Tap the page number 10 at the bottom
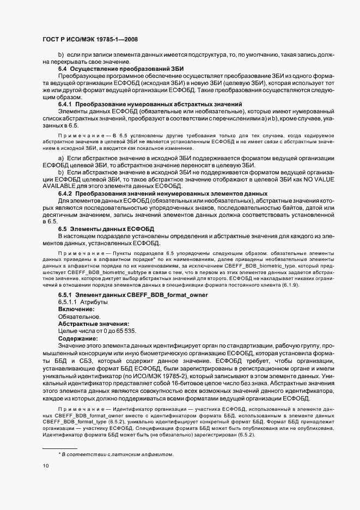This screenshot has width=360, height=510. click(x=46, y=466)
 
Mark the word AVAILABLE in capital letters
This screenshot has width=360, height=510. click(x=60, y=186)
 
